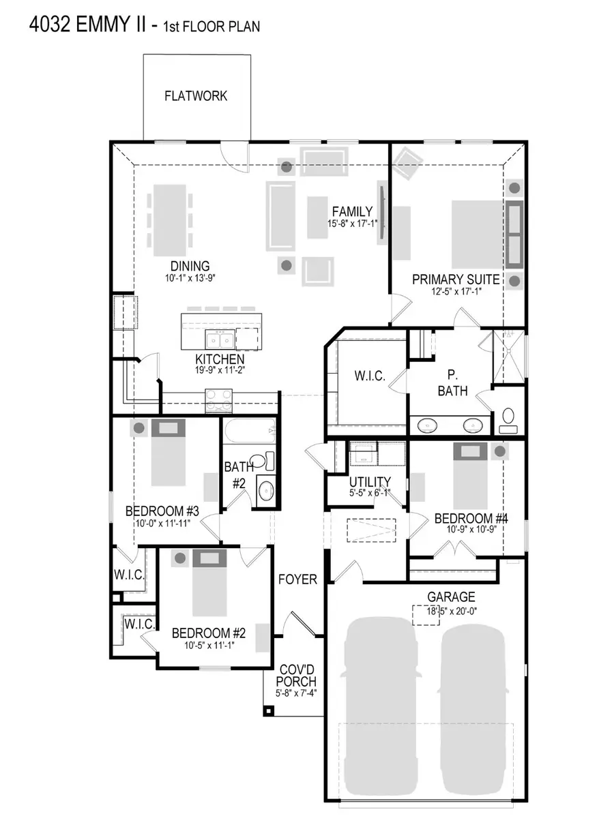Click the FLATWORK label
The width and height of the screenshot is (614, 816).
tap(196, 96)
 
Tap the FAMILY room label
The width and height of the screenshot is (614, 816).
tap(352, 211)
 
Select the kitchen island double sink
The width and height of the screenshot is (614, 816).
tap(218, 338)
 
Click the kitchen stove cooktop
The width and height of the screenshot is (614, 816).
tap(219, 398)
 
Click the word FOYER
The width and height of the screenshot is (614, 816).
tap(298, 579)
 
